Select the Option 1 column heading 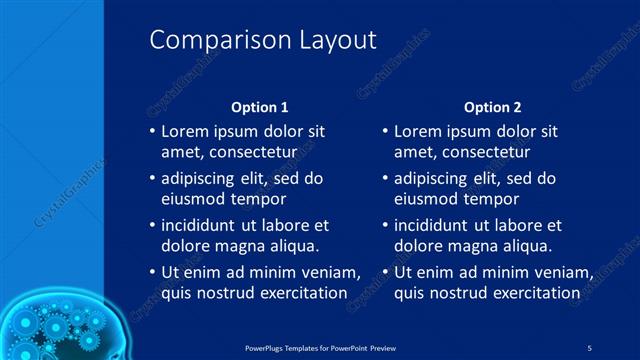pos(260,106)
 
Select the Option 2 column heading pos(493,106)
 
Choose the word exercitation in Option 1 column pos(299,293)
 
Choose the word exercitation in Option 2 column pos(532,293)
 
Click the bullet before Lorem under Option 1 pos(151,132)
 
